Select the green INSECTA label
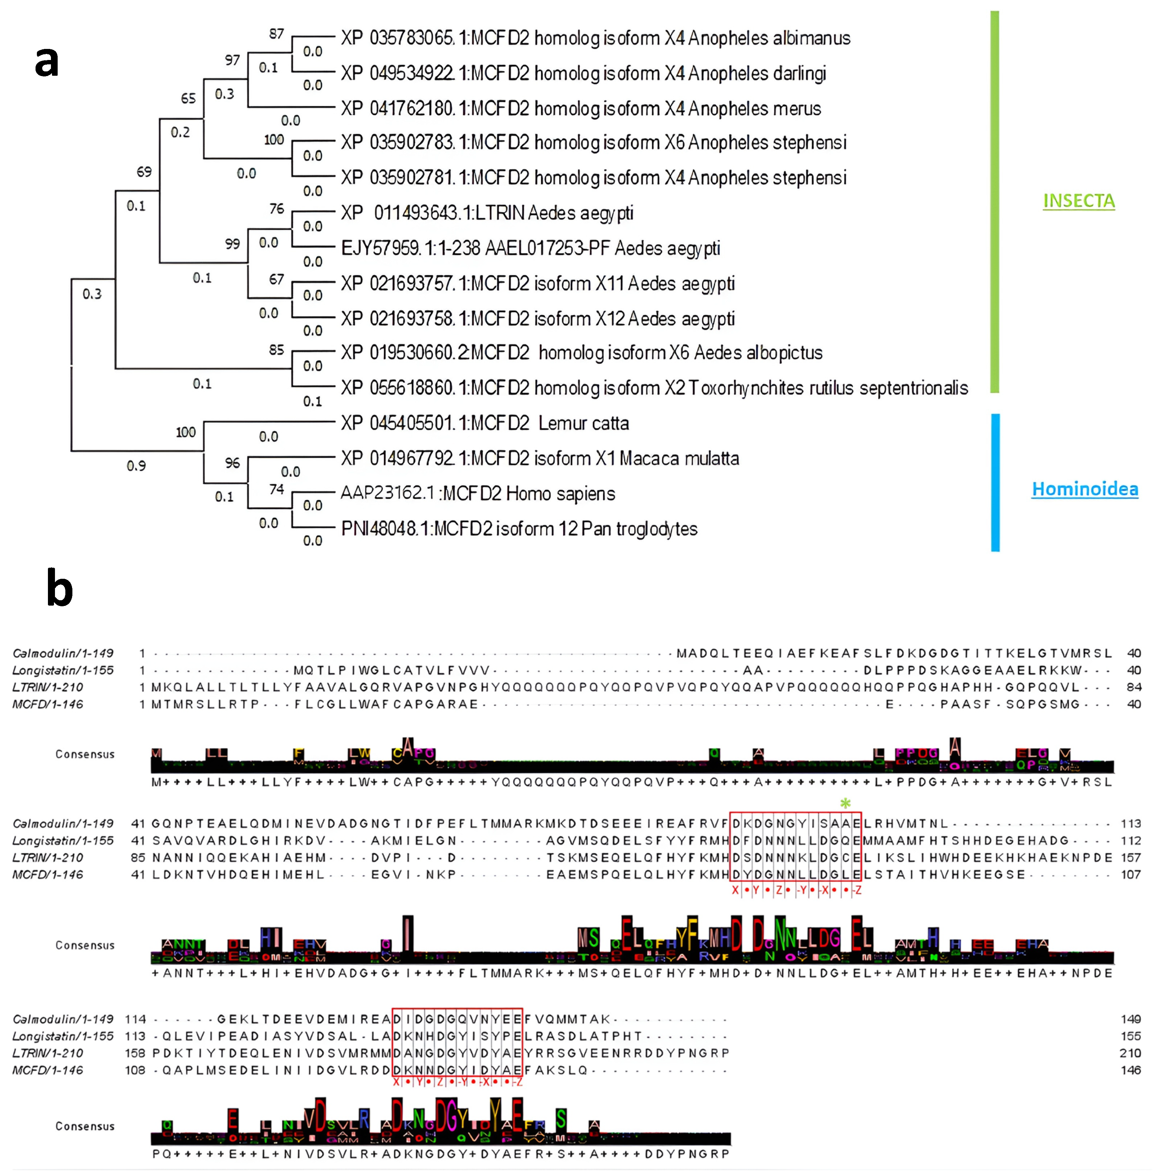pos(1078,200)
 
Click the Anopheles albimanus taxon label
pos(595,38)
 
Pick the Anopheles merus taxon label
pos(581,109)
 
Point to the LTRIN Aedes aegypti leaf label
pos(487,213)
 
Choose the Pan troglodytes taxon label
pos(519,529)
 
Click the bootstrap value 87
pos(277,34)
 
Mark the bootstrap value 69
pos(144,172)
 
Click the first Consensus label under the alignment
pos(85,754)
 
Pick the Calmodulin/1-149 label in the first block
pos(63,653)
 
